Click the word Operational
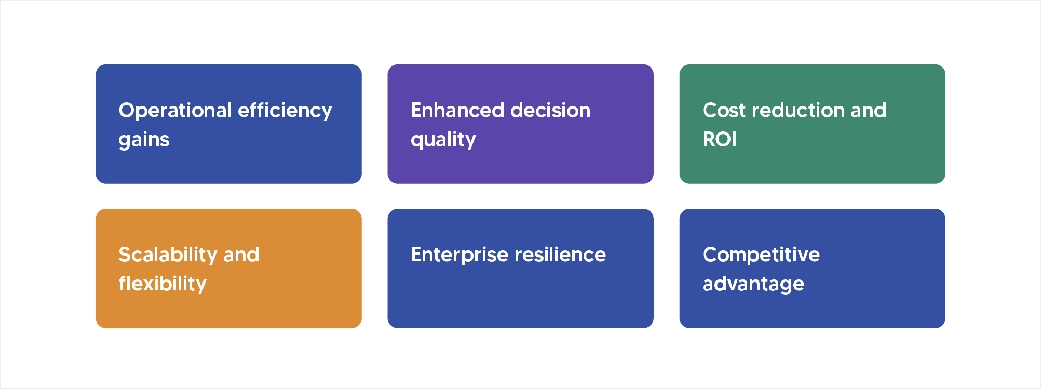click(x=174, y=111)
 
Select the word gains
click(x=144, y=140)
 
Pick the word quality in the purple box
click(x=443, y=140)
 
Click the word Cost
click(x=724, y=111)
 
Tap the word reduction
click(x=798, y=111)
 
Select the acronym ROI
click(x=719, y=140)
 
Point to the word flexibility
click(x=162, y=284)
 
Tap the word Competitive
click(x=761, y=255)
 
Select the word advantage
click(x=753, y=284)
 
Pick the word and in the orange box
click(x=241, y=255)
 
